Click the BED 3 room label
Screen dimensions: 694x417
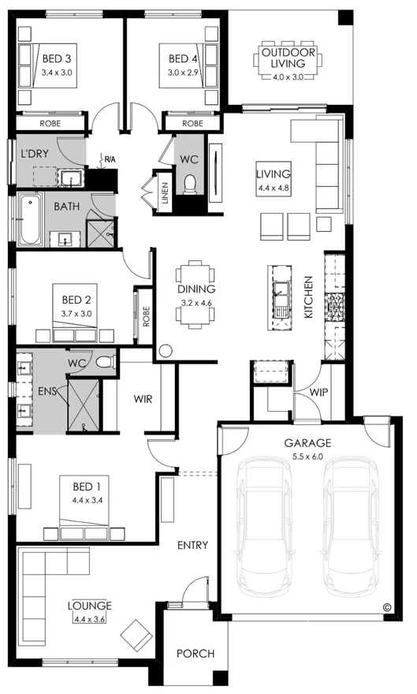coord(57,58)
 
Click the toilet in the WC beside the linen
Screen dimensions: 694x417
coord(189,185)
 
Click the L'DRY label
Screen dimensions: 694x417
coord(35,153)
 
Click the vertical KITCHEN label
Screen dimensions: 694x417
coord(309,297)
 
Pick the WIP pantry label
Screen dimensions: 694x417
coord(318,391)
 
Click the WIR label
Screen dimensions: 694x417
coord(143,398)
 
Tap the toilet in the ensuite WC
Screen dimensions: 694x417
coord(106,363)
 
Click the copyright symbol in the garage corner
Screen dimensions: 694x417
coord(387,606)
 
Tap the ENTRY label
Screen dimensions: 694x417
coord(192,545)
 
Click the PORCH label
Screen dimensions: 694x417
coord(195,653)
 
